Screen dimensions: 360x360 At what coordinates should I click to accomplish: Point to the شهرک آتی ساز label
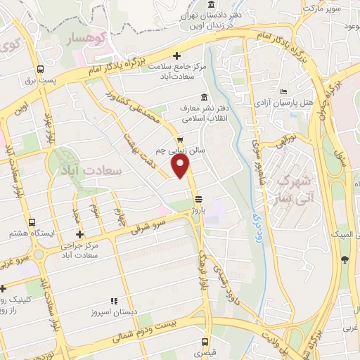coord(294,186)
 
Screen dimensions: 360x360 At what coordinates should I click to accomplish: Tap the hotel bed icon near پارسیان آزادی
coord(283,92)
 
